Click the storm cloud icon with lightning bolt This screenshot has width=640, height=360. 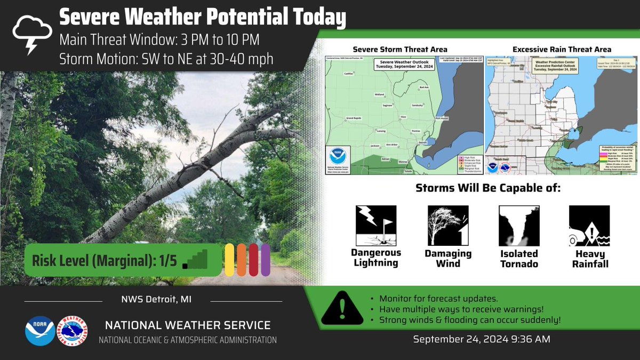(32, 33)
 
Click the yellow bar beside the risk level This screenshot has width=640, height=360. (230, 260)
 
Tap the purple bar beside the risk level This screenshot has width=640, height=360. (265, 260)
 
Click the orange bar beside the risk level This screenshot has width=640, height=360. (242, 260)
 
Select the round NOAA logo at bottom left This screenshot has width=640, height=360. (39, 331)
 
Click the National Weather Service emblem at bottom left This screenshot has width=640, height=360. (72, 331)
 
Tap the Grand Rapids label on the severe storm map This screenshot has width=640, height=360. (354, 118)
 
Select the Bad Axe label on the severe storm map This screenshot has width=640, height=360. (424, 87)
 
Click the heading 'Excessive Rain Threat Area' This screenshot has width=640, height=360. (562, 50)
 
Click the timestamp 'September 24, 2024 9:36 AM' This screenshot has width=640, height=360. (482, 339)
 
